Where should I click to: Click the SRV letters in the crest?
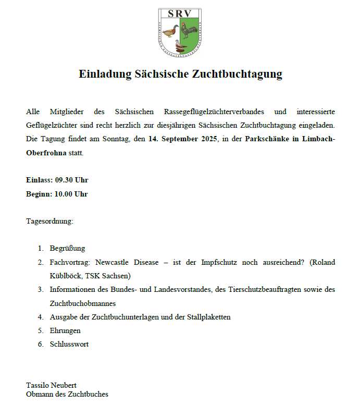point(180,14)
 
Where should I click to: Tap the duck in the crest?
point(170,32)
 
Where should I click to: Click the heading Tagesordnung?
point(50,221)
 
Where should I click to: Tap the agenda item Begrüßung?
point(67,248)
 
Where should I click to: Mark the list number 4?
point(40,317)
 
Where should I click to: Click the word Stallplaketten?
point(208,317)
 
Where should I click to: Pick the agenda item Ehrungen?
point(65,330)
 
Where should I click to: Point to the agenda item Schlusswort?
point(69,344)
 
